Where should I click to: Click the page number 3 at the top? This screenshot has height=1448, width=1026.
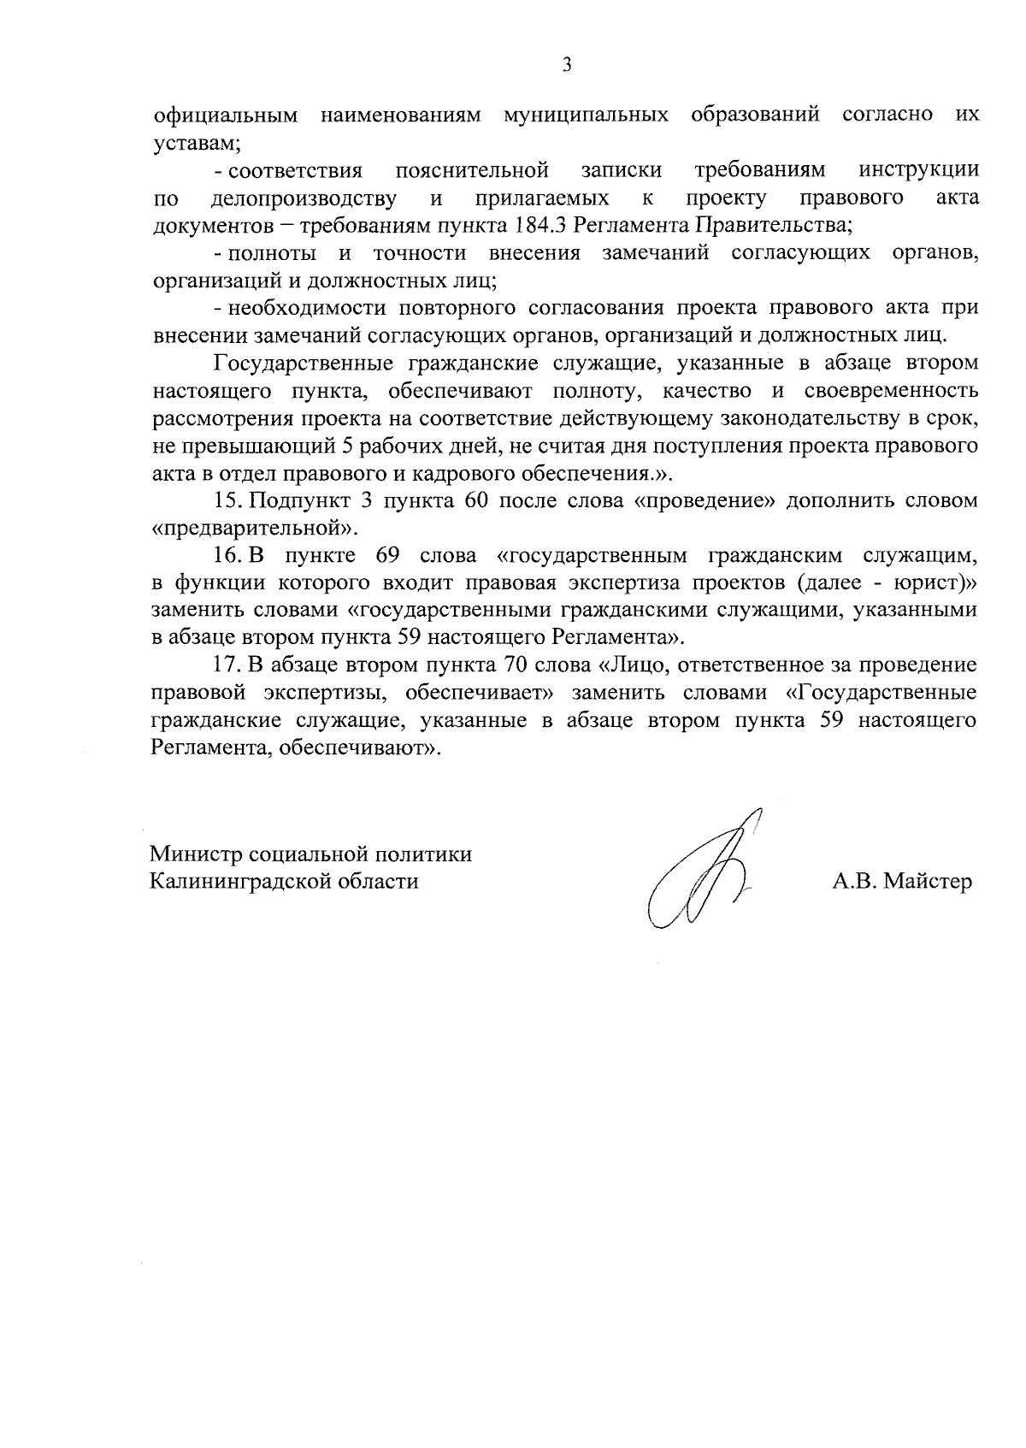point(567,65)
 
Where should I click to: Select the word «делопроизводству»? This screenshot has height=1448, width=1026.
point(303,198)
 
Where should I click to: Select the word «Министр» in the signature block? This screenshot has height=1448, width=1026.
point(196,854)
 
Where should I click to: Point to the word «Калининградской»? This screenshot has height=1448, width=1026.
point(233,881)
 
